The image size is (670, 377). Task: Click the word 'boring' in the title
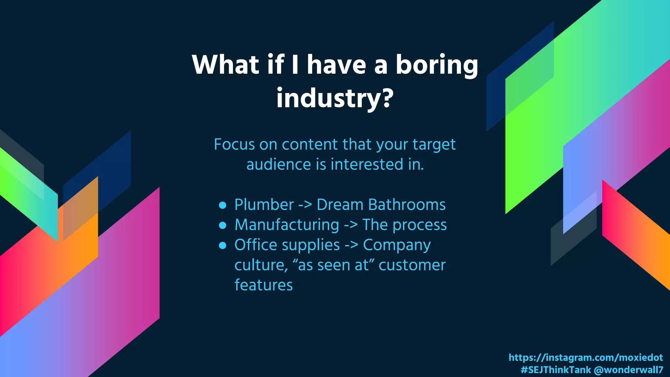tap(437, 65)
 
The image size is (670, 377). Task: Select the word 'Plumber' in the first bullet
tap(264, 205)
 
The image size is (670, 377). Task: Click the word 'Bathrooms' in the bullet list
tap(407, 205)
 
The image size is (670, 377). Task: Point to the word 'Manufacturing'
tap(287, 225)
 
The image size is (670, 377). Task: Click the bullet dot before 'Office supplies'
tap(223, 245)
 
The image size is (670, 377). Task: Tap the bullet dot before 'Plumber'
tap(223, 205)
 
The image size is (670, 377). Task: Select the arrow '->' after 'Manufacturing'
tap(351, 225)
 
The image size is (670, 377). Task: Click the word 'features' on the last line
tap(263, 285)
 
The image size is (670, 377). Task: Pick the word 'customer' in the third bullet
tap(412, 265)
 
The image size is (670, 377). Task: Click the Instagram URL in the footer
tap(586, 357)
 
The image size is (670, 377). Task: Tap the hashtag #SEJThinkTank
tap(555, 370)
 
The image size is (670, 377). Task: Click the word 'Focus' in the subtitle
tap(234, 145)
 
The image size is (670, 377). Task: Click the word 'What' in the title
tap(226, 65)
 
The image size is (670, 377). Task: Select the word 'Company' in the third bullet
tap(397, 245)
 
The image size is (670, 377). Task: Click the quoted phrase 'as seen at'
tap(333, 265)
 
